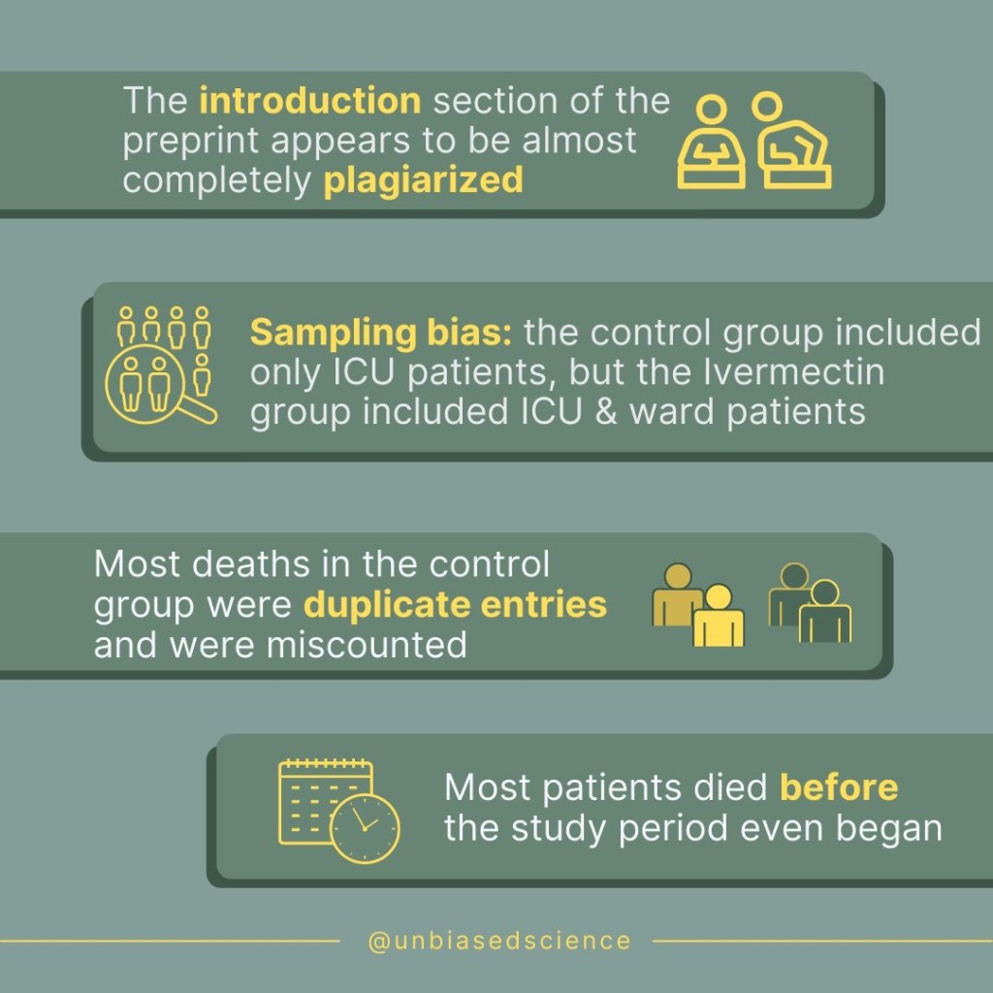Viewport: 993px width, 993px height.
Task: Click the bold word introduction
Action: pyautogui.click(x=309, y=101)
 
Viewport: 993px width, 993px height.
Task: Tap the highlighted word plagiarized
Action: pyautogui.click(x=423, y=180)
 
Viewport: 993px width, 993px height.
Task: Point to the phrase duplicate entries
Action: pyautogui.click(x=456, y=604)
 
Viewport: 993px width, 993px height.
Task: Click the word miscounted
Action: pyautogui.click(x=367, y=645)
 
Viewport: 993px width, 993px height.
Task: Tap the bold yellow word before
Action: pyautogui.click(x=839, y=787)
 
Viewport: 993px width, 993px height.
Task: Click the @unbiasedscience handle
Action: pyautogui.click(x=499, y=941)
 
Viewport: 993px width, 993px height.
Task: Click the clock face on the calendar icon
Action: pyautogui.click(x=365, y=828)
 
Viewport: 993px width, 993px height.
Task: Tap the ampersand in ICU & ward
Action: pyautogui.click(x=605, y=411)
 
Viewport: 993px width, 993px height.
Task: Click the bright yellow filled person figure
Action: pyautogui.click(x=719, y=615)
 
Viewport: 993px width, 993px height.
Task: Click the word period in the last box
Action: pyautogui.click(x=673, y=829)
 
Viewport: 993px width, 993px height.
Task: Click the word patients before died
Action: pyautogui.click(x=612, y=787)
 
